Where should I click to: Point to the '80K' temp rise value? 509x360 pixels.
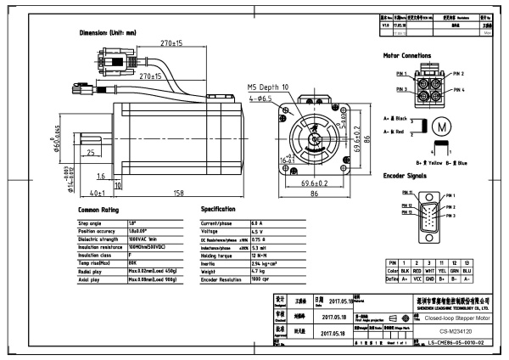pyautogui.click(x=133, y=262)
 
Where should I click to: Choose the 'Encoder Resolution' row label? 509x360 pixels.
pyautogui.click(x=227, y=279)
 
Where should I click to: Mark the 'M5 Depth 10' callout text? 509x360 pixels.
pyautogui.click(x=268, y=87)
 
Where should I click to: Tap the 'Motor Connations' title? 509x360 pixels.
pyautogui.click(x=407, y=56)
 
